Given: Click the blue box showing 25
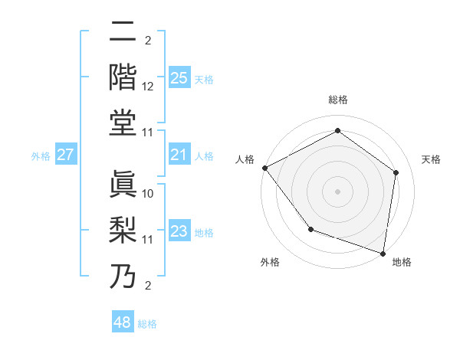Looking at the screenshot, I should (179, 78).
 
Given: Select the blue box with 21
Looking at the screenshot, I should (179, 155).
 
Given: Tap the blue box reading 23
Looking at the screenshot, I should (179, 232).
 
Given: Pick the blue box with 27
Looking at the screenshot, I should (66, 155).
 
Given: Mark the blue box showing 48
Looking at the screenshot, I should (123, 322).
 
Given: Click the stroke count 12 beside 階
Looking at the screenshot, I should (149, 86).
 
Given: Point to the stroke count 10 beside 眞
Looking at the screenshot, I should (149, 194).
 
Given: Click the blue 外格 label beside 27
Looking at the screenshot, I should (41, 156).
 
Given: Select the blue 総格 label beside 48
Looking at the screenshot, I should (147, 324).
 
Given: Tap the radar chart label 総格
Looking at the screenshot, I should (337, 100).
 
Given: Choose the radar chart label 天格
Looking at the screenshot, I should (431, 159).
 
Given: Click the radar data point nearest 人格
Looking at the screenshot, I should (264, 168).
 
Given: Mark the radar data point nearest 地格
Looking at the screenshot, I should (383, 252).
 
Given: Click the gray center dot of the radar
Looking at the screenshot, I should (337, 191).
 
